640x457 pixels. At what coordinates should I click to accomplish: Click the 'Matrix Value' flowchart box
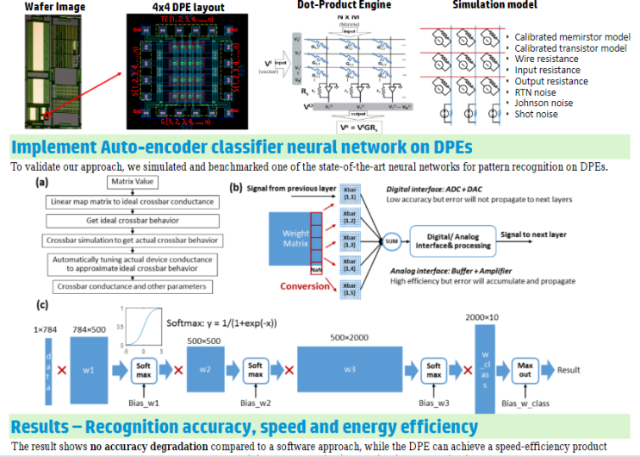click(132, 182)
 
